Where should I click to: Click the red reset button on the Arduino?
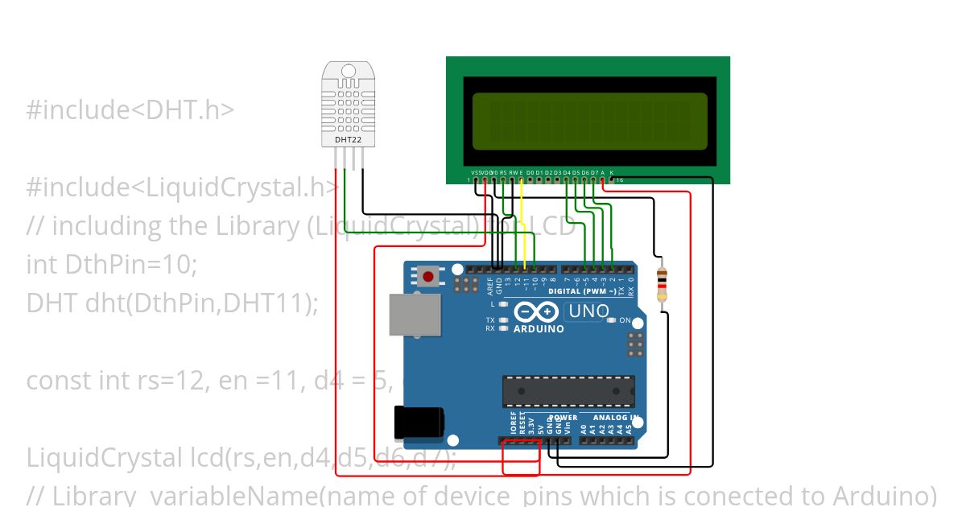coord(428,278)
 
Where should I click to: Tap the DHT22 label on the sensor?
coord(348,140)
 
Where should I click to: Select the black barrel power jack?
coord(418,421)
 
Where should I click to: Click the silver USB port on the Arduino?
coord(415,314)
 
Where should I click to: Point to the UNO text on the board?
coord(588,311)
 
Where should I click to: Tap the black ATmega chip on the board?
coord(568,390)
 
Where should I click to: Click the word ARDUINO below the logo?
coord(539,329)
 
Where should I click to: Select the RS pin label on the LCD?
coord(503,172)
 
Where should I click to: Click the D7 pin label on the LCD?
coord(594,172)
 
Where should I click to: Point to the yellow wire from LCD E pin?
coord(522,225)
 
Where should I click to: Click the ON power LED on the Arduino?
coord(612,320)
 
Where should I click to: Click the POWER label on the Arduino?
coord(563,418)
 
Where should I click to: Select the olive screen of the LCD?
coord(589,121)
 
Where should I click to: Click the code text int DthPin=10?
coord(112,263)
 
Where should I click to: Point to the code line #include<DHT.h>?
coord(130,110)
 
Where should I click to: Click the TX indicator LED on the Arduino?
coord(502,320)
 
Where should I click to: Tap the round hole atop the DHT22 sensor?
coord(348,71)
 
